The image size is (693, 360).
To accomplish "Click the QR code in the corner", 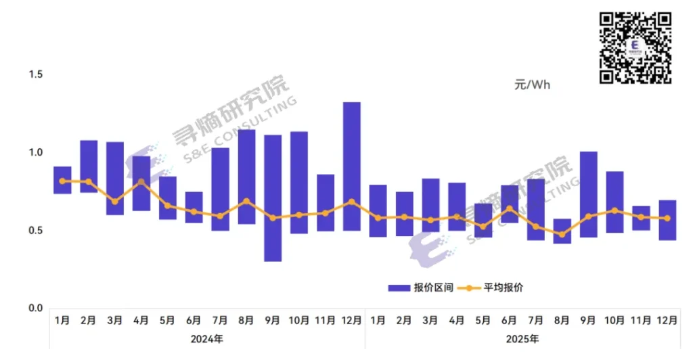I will (x=635, y=48).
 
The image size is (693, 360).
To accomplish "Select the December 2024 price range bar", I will (x=352, y=166).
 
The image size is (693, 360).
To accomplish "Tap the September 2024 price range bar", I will (x=273, y=198).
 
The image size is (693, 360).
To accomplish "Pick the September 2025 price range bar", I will (x=589, y=194).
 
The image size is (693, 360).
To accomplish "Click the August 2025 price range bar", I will (x=562, y=231).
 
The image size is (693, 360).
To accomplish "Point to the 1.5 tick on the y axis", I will (x=35, y=74).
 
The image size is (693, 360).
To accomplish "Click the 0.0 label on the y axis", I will (x=35, y=308).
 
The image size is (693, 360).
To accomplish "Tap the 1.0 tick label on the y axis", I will (x=35, y=152).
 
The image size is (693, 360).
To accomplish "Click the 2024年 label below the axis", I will (x=207, y=338).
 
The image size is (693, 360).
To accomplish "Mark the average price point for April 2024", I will (x=141, y=181).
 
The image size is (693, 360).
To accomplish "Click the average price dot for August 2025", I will (x=562, y=234).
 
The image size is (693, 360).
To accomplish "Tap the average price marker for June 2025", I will (x=510, y=208).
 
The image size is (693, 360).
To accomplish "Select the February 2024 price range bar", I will (x=89, y=166).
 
